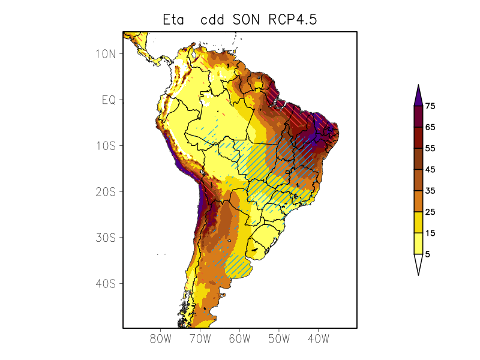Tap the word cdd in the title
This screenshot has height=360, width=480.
(x=214, y=20)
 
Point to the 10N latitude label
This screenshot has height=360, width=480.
(x=105, y=54)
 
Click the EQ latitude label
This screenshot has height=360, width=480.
(x=108, y=100)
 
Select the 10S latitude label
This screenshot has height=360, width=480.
(x=105, y=146)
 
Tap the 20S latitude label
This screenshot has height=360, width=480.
(x=105, y=191)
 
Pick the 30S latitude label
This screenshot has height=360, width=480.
(x=105, y=238)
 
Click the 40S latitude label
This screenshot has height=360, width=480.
(x=105, y=283)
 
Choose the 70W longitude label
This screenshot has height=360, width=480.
(x=200, y=339)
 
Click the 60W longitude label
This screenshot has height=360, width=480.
(x=239, y=339)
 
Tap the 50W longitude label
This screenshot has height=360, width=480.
(x=279, y=339)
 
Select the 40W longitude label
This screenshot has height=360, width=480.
(x=318, y=339)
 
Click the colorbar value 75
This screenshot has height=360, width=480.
(x=430, y=106)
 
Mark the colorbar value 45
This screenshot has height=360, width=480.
(x=430, y=170)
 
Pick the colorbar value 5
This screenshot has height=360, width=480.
(x=427, y=254)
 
